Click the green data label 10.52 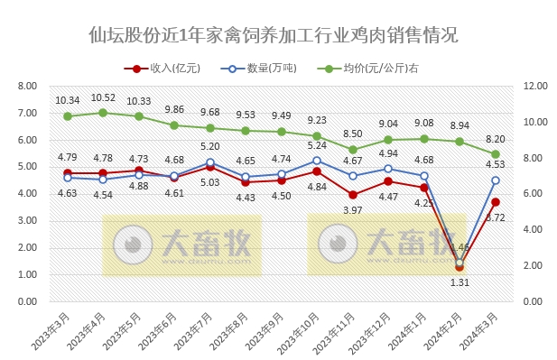(x=103, y=98)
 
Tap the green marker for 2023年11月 (x=352, y=150)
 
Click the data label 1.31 (x=460, y=282)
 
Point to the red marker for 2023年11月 (x=352, y=195)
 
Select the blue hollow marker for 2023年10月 (x=317, y=161)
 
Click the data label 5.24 (x=316, y=146)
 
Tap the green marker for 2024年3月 (x=495, y=154)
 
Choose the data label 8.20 (x=495, y=140)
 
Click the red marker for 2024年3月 (x=495, y=202)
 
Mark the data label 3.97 (x=352, y=210)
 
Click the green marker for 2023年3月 (x=68, y=116)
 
